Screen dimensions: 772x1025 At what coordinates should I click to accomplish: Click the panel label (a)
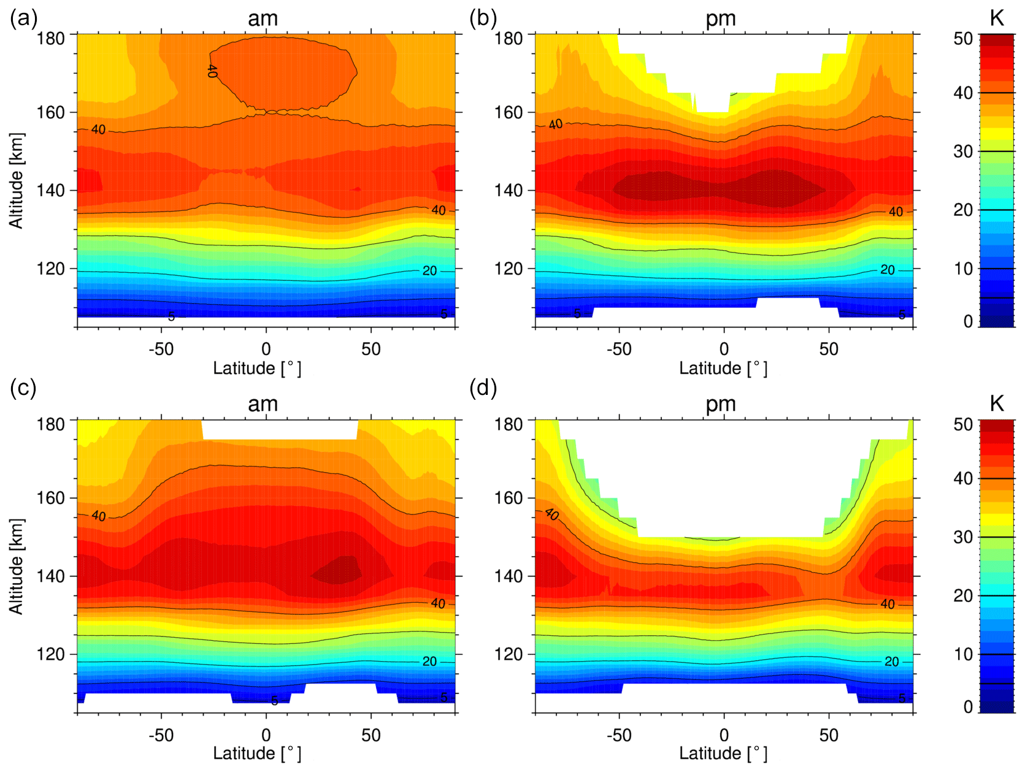click(23, 19)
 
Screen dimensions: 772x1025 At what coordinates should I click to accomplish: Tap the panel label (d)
click(483, 388)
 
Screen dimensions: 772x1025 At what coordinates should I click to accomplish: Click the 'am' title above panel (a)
click(263, 19)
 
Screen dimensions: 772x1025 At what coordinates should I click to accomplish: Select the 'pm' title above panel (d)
click(720, 404)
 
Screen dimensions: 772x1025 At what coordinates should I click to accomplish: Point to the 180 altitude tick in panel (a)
click(50, 38)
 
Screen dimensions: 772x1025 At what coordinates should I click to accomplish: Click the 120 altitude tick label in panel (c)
click(50, 654)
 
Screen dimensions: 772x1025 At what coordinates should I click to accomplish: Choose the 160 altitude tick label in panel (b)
click(509, 112)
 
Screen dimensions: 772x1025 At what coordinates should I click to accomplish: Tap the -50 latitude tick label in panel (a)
click(161, 349)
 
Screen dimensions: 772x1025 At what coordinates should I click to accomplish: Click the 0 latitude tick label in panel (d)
click(724, 735)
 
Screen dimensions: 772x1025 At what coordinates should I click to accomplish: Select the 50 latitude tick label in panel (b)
click(828, 349)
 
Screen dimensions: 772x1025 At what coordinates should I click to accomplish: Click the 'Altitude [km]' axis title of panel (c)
click(17, 566)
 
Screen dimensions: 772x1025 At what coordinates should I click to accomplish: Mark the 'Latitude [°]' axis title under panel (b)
click(723, 369)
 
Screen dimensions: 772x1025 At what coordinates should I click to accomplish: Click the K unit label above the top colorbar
click(997, 18)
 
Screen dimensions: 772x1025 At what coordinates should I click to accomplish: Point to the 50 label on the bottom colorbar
click(963, 424)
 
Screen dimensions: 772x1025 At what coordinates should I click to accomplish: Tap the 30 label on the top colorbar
click(963, 151)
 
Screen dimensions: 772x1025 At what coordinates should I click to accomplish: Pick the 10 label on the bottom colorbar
click(963, 654)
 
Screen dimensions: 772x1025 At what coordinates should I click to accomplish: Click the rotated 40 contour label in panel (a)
click(212, 71)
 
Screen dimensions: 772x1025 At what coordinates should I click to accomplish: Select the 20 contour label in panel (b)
click(887, 270)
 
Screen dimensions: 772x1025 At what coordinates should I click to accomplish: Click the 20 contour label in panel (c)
click(429, 661)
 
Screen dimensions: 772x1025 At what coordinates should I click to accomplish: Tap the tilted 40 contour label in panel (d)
click(551, 514)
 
